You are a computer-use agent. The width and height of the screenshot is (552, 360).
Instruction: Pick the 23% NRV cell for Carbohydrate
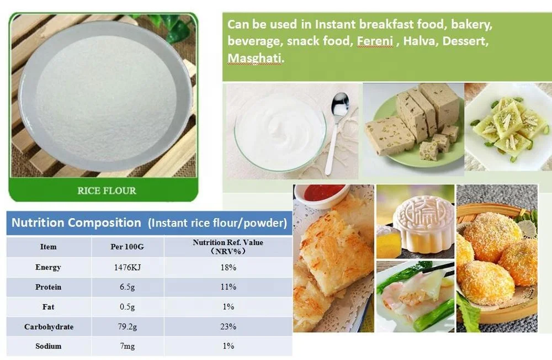(227, 326)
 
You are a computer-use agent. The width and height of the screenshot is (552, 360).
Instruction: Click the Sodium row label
(48, 346)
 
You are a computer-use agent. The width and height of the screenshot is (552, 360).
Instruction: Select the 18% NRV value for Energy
(227, 267)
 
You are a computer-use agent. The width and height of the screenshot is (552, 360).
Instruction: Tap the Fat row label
(48, 306)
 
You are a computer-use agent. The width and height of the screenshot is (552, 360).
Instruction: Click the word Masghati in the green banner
(254, 57)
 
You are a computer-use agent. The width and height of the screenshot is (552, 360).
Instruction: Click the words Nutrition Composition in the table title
(76, 223)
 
